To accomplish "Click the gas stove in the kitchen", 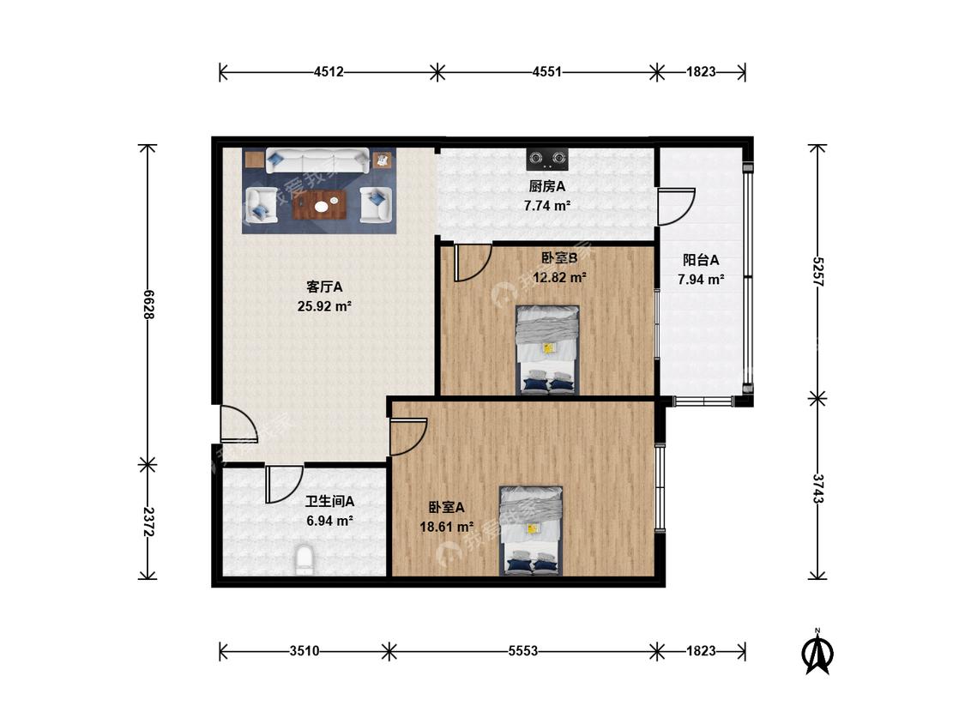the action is click(x=547, y=160).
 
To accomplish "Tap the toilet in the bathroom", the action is click(x=304, y=559).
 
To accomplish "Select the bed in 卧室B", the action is click(x=547, y=349).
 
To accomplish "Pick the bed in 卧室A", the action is click(x=531, y=531).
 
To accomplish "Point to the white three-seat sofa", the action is click(x=317, y=160).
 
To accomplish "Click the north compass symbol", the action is click(x=818, y=651).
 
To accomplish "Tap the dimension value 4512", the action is click(x=329, y=71).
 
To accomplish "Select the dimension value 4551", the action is click(x=547, y=71).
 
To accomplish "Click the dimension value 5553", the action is click(x=523, y=651).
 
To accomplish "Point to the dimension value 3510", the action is click(x=305, y=651).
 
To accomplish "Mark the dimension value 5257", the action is click(x=818, y=271).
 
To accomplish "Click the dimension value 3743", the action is click(x=818, y=489).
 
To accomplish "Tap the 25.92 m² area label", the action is click(x=324, y=306).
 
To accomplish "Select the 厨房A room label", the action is click(x=547, y=186).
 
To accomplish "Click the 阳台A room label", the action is click(x=701, y=260).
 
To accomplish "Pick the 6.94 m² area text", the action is click(x=330, y=521).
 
